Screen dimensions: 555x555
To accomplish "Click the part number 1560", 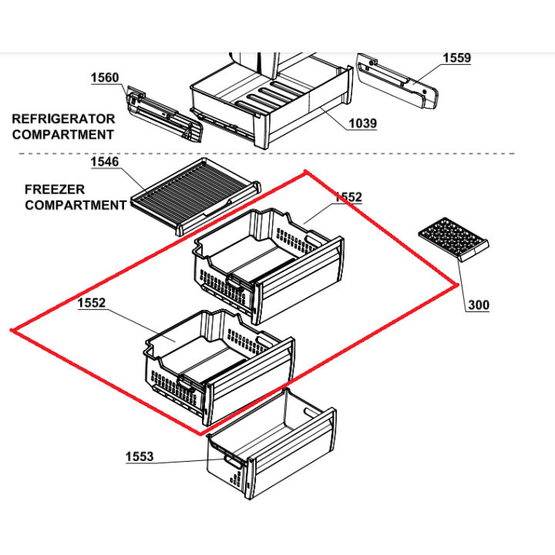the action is (x=105, y=78).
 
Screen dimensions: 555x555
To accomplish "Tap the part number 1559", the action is (x=457, y=58).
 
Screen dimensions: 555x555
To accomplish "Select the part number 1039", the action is (x=363, y=123).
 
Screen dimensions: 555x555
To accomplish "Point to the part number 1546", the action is (x=105, y=162).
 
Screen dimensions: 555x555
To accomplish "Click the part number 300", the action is (x=479, y=304).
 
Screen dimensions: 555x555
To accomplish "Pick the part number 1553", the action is (x=140, y=456).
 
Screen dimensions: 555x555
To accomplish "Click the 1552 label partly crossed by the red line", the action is (x=348, y=197).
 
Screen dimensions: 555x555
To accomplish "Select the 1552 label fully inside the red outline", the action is (x=91, y=303).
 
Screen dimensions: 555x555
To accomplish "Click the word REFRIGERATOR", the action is (x=63, y=119).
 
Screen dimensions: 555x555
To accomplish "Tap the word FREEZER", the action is (x=55, y=190).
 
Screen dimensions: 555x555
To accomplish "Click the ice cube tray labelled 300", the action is (x=453, y=240).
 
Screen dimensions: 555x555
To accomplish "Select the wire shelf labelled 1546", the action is (x=196, y=196).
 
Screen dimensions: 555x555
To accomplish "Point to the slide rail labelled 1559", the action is (x=397, y=81).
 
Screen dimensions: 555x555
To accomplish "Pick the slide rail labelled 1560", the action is (x=165, y=114).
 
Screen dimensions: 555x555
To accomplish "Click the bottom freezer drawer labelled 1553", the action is (x=272, y=444).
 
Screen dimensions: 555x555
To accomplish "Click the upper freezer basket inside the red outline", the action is (x=268, y=266).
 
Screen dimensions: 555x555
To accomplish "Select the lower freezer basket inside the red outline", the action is (x=219, y=367).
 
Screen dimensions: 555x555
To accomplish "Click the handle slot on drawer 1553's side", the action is (x=231, y=462).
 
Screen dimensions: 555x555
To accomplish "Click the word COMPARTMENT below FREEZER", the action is (x=76, y=205).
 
